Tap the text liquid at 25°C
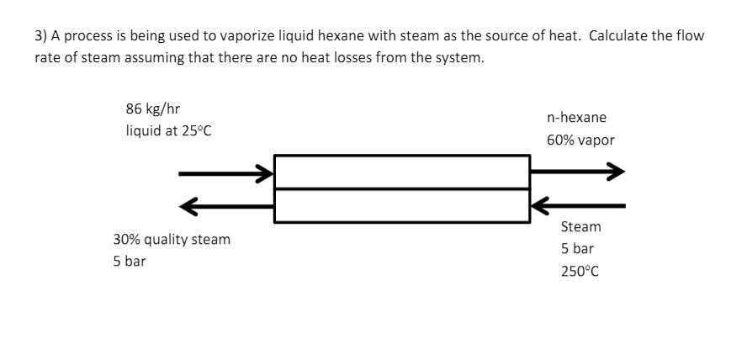point(162,132)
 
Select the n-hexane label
point(575,118)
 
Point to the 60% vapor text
point(580,140)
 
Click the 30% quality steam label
point(172,240)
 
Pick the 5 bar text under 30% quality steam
point(130,262)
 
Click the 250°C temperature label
point(580,272)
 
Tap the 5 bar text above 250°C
point(577,249)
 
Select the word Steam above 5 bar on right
point(580,227)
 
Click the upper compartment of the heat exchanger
point(402,172)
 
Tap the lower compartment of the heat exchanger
point(402,206)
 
